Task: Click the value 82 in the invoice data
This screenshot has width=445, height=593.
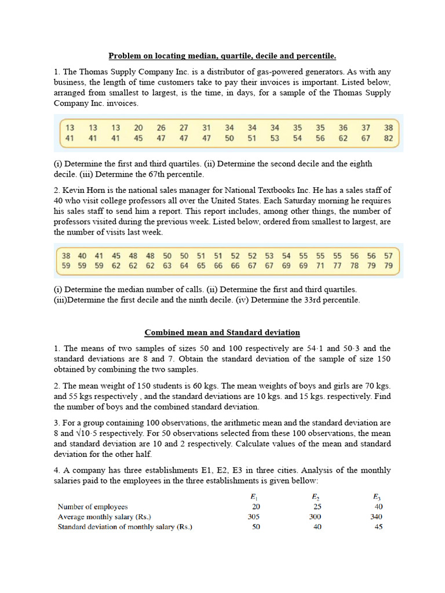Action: (388, 139)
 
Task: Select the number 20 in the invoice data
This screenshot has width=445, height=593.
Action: (138, 128)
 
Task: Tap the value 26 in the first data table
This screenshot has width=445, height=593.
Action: (161, 128)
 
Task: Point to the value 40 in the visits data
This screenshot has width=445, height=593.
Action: (82, 255)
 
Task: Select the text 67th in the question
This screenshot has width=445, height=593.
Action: (155, 174)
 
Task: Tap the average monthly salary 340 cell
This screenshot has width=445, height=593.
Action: (377, 517)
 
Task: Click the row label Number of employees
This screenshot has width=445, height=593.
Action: (93, 507)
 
